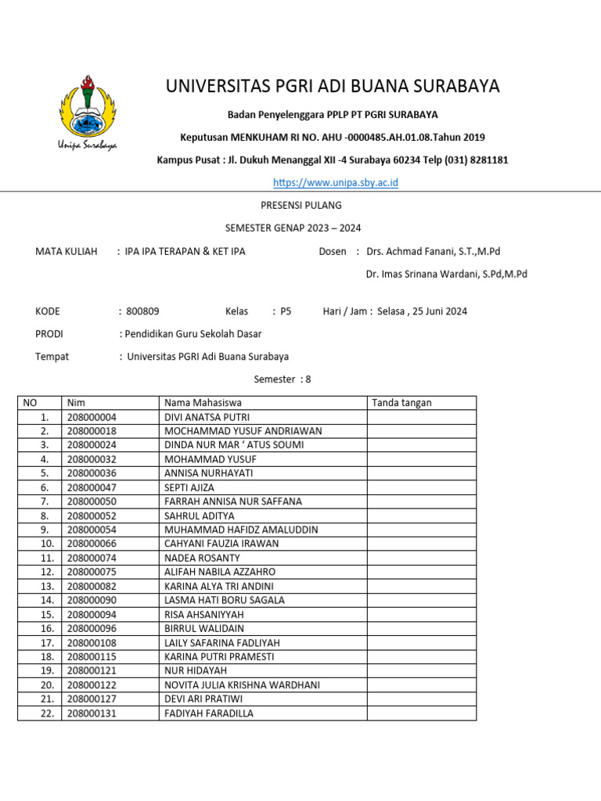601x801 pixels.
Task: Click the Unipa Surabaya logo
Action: [87, 111]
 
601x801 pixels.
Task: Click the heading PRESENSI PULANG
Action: [300, 205]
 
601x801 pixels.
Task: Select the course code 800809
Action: [142, 311]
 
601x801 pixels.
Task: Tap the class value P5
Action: [286, 311]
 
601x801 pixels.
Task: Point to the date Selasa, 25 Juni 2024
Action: [422, 311]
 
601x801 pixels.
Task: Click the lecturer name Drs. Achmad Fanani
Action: [433, 251]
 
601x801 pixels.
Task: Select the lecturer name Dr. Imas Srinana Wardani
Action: [446, 274]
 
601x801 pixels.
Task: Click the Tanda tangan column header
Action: [401, 403]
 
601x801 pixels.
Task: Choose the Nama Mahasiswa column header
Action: [203, 403]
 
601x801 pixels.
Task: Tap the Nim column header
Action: [75, 403]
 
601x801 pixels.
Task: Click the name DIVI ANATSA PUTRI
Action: [207, 417]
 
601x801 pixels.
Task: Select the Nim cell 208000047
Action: [92, 487]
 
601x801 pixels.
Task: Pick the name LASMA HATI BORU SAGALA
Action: [224, 600]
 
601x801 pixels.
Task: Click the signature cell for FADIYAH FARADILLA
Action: [421, 713]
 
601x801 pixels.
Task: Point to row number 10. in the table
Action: [48, 544]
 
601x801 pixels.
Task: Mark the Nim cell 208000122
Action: [92, 684]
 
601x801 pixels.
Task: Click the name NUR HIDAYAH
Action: [195, 670]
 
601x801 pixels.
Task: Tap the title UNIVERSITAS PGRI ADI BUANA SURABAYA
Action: [333, 86]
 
